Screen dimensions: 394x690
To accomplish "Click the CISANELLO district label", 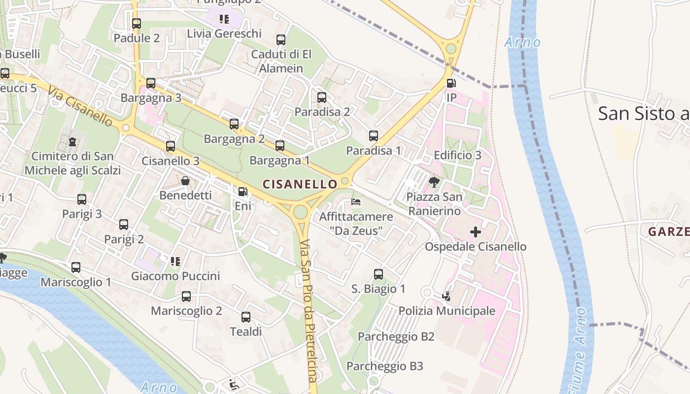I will point(300,184).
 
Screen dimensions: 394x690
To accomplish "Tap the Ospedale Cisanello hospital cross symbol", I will point(476,231).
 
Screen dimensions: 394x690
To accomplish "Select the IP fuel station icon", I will point(451,83).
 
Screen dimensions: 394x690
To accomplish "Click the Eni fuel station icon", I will point(242,192).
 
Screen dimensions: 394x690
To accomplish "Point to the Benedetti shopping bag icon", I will point(185,181).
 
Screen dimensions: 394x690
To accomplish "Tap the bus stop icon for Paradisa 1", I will point(374,136).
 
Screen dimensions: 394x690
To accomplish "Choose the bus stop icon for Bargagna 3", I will point(151,83).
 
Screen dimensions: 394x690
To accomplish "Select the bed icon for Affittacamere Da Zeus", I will point(356,202).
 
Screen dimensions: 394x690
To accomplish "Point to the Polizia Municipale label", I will point(447,311).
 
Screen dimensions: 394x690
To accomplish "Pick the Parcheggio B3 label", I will point(384,366).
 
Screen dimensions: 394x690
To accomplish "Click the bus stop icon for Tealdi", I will point(246,317).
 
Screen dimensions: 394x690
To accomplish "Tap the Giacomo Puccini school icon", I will point(175,261).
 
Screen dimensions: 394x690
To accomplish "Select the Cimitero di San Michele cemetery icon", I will point(72,142).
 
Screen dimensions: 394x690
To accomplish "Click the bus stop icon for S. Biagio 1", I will point(379,274).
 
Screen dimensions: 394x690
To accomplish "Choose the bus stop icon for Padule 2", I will point(137,24).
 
